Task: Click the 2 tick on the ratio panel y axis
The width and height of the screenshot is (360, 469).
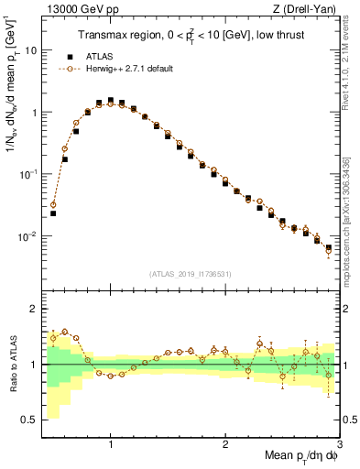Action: coord(32,310)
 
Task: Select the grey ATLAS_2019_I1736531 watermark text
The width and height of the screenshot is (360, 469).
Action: coord(189,274)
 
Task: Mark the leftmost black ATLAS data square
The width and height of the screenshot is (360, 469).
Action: coord(53,213)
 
